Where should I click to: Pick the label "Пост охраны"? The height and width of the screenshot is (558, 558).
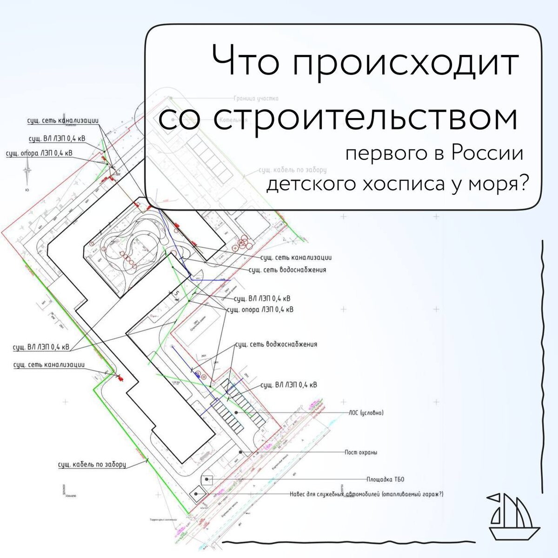[361, 452]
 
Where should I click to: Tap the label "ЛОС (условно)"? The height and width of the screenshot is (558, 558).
[366, 412]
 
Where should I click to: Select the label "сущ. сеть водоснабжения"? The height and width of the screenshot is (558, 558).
[287, 269]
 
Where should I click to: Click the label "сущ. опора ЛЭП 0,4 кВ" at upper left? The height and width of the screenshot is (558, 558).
[39, 153]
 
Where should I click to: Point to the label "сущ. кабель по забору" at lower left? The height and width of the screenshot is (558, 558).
[92, 464]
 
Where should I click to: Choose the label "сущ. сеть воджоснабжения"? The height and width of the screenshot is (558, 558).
[276, 344]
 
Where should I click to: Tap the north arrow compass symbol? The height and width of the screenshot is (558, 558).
[28, 171]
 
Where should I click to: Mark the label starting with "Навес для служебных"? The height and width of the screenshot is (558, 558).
[366, 494]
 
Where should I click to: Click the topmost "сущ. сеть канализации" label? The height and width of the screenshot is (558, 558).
[63, 120]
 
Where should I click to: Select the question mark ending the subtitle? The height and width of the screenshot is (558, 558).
[524, 185]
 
